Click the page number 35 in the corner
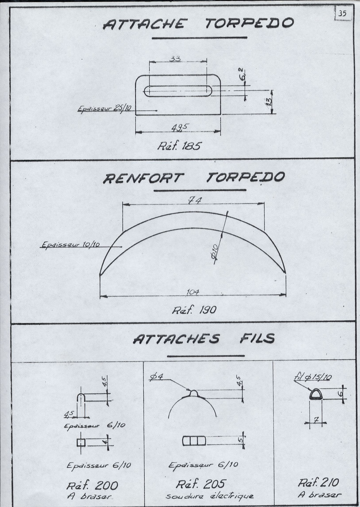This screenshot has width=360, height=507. click(342, 14)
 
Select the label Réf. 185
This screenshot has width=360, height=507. click(179, 146)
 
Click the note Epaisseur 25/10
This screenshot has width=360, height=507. click(101, 109)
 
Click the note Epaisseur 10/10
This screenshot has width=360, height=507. click(71, 245)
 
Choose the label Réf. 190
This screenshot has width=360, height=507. click(194, 310)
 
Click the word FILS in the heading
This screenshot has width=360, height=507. click(257, 338)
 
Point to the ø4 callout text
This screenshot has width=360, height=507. click(157, 377)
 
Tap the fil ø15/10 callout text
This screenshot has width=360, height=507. click(312, 377)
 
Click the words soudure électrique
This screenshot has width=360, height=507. click(210, 496)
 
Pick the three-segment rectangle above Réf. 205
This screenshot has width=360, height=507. click(193, 441)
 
